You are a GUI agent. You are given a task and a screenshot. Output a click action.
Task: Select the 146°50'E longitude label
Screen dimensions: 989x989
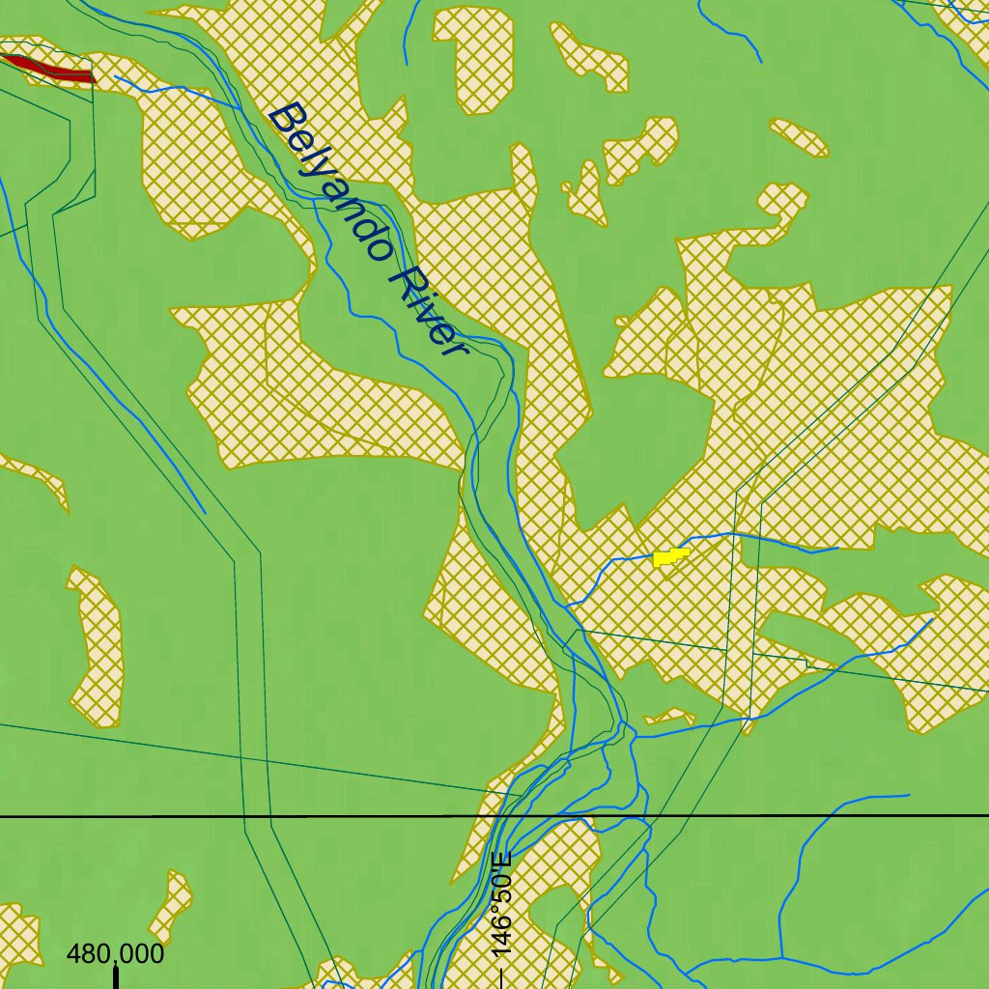501,904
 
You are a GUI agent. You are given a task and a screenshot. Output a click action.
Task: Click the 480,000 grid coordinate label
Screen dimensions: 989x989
115,954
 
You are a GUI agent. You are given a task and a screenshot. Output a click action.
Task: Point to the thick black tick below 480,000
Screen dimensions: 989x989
116,976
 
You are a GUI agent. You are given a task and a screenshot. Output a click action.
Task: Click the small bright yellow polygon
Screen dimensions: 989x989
669,556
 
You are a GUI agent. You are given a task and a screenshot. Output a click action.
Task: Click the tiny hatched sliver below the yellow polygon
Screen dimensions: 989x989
670,716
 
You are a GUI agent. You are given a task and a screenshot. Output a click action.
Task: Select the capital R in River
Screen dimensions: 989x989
404,275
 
